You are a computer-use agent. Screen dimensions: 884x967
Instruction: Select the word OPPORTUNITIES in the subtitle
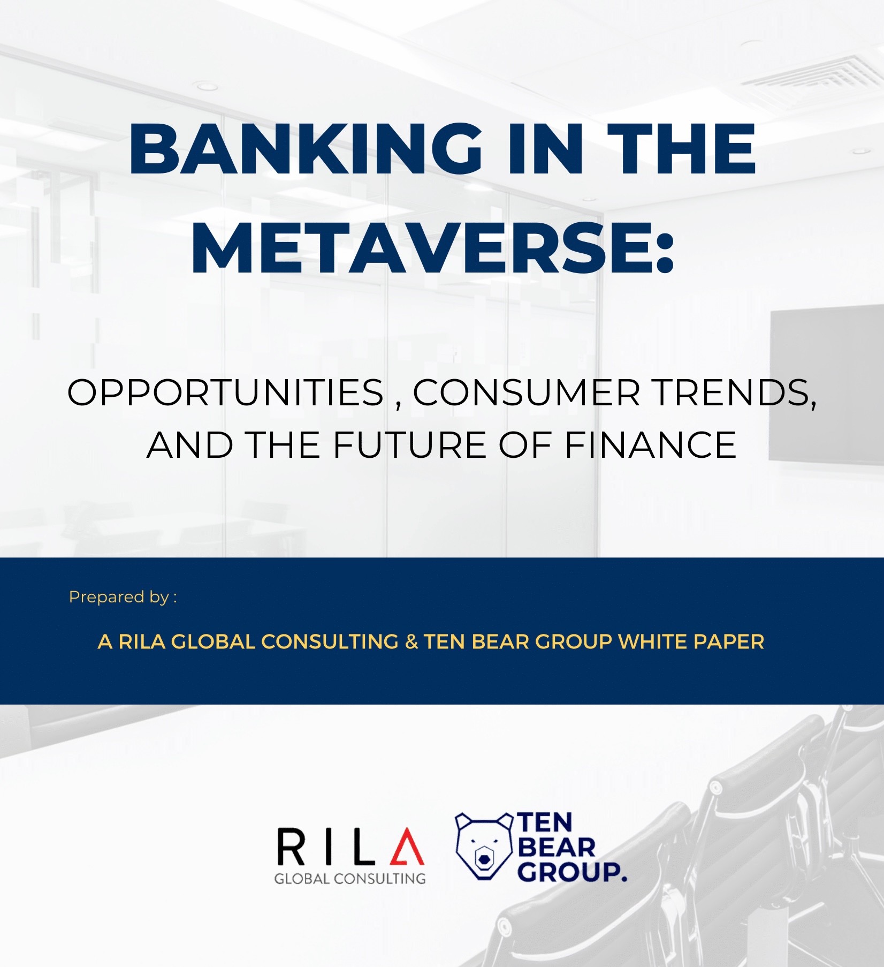pyautogui.click(x=226, y=392)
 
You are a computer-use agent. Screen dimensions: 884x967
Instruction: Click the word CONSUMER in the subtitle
pyautogui.click(x=527, y=392)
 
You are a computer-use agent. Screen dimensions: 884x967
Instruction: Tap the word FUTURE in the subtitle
pyautogui.click(x=409, y=444)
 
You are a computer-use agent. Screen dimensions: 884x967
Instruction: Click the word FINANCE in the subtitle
pyautogui.click(x=650, y=444)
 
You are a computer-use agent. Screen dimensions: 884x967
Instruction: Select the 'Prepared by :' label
pyautogui.click(x=123, y=598)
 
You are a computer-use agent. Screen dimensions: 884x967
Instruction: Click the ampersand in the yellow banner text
pyautogui.click(x=411, y=641)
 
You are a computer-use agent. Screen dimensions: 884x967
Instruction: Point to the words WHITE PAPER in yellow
pyautogui.click(x=691, y=641)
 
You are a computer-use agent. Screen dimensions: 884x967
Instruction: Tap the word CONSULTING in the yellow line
pyautogui.click(x=330, y=641)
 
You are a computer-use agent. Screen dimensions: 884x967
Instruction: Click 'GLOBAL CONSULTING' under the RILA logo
pyautogui.click(x=350, y=879)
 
